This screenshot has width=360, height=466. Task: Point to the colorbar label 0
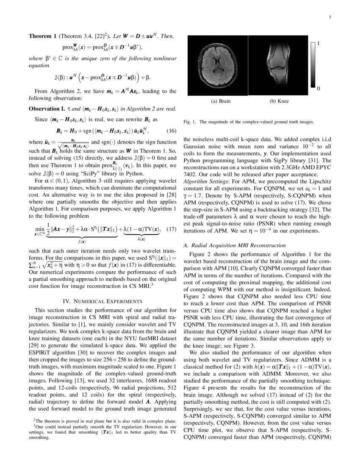click(x=318, y=88)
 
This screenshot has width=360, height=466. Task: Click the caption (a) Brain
click(x=221, y=102)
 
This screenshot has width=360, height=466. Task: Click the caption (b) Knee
click(x=279, y=102)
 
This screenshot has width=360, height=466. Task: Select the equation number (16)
click(x=171, y=130)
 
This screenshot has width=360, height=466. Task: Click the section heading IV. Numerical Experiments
click(x=102, y=301)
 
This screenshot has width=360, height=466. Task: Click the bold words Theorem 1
click(x=42, y=36)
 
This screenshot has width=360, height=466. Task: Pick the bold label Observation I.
click(x=47, y=109)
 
